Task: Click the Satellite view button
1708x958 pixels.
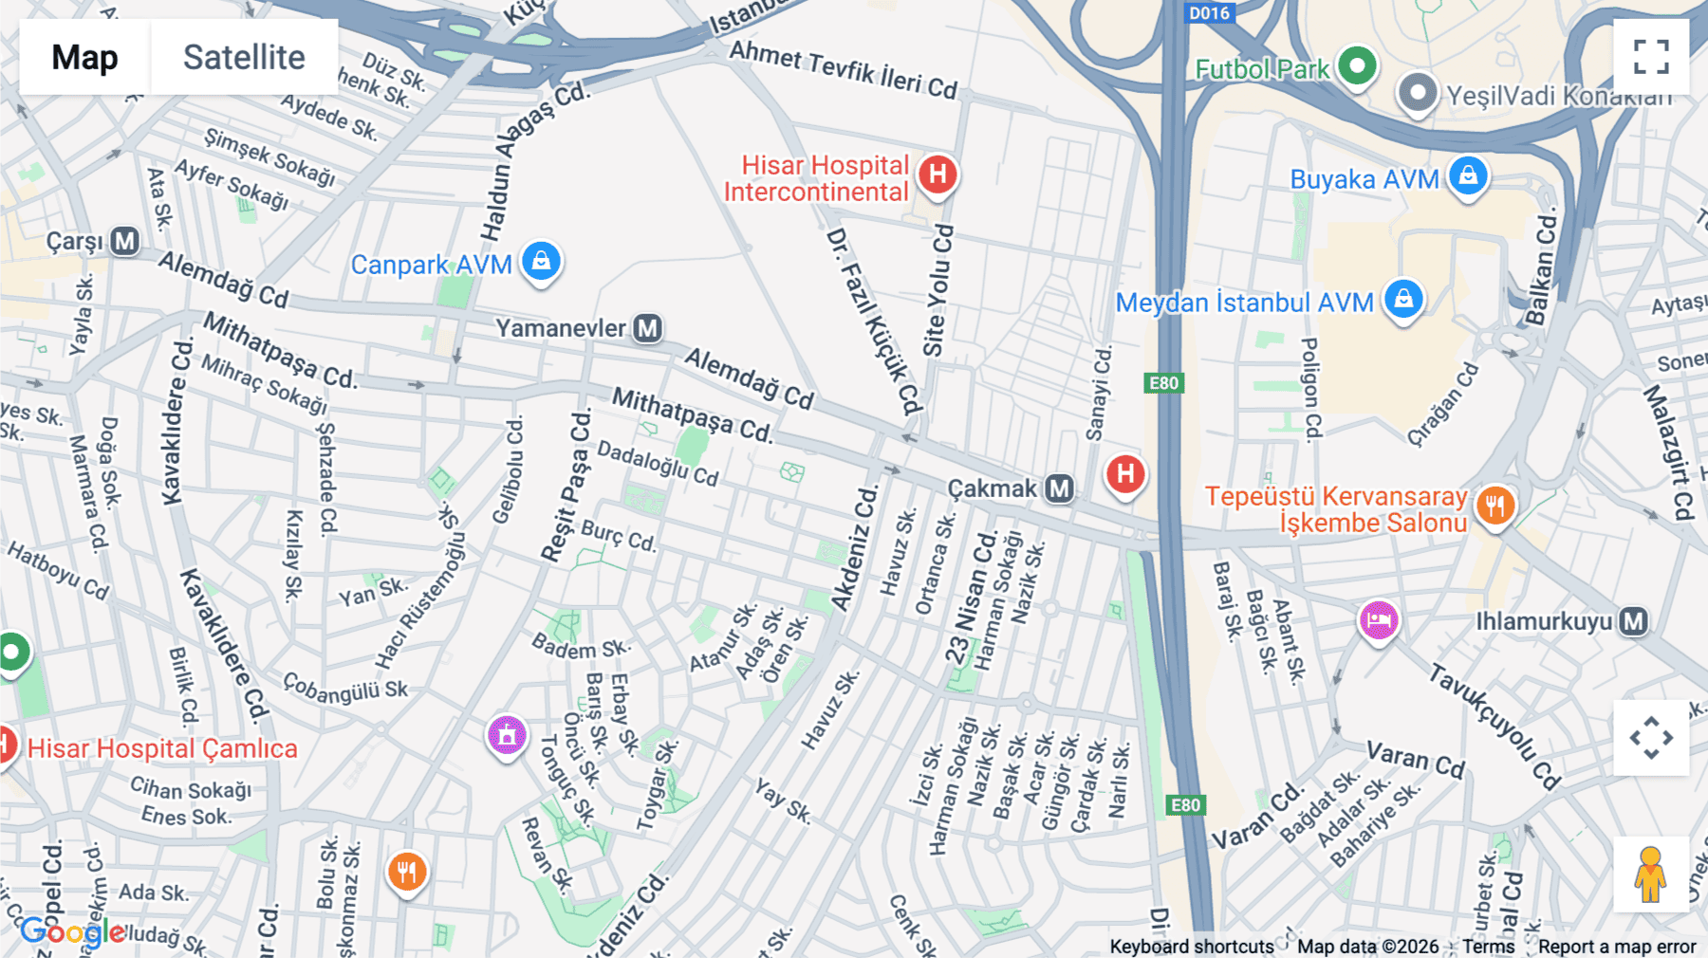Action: click(x=244, y=57)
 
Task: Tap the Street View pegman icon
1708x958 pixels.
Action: click(x=1650, y=875)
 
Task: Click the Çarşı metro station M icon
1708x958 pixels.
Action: click(x=125, y=241)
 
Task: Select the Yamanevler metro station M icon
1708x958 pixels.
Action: click(x=648, y=328)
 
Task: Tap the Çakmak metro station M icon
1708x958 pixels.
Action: click(x=1059, y=488)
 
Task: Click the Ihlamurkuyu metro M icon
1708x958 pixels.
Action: click(x=1633, y=621)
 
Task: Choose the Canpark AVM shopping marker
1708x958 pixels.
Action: click(x=541, y=260)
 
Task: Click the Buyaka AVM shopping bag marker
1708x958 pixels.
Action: click(x=1468, y=175)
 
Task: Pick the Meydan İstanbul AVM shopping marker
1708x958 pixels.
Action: click(x=1403, y=299)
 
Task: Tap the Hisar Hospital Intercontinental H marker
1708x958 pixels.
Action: click(x=938, y=175)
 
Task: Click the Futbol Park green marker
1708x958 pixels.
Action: click(x=1357, y=66)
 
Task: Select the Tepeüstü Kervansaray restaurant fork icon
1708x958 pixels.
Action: click(x=1494, y=506)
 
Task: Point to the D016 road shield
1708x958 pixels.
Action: click(x=1209, y=12)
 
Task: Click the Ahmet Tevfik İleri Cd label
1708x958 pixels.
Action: click(x=843, y=69)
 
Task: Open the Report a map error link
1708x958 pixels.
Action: click(x=1617, y=947)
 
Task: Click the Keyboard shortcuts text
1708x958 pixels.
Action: click(x=1192, y=947)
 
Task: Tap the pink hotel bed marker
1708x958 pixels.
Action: click(x=1379, y=620)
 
